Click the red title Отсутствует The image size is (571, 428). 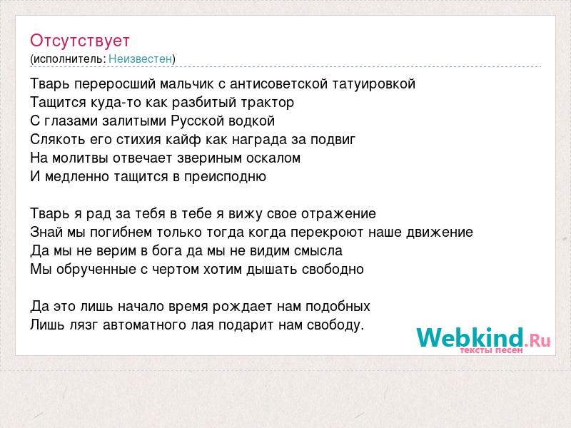80,41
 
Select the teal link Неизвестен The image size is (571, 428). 140,58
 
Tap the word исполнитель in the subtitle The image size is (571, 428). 70,59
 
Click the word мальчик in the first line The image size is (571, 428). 187,84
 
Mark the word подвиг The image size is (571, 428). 333,140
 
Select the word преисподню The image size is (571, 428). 225,177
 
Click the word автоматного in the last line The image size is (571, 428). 145,325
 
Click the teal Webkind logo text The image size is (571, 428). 470,337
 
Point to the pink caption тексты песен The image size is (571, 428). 491,350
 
